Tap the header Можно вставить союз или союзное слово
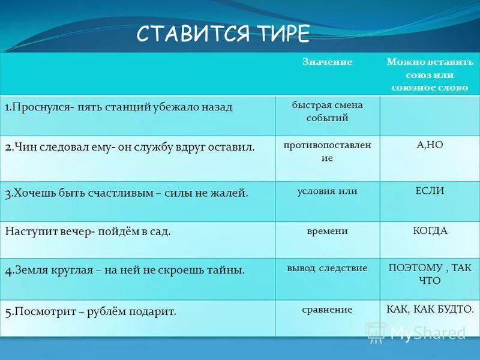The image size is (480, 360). [430, 74]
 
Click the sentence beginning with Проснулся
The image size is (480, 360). [118, 107]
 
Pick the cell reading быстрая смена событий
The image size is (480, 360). [328, 111]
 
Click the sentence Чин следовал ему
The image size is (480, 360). [130, 146]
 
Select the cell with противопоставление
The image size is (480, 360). [328, 151]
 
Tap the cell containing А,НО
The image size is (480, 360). [430, 145]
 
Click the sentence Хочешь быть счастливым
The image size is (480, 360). [127, 193]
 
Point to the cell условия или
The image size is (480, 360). [328, 191]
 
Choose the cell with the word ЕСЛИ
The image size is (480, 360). [430, 191]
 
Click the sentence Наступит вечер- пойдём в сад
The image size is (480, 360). [88, 231]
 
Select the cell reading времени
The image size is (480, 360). [328, 230]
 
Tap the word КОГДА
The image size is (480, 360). [430, 230]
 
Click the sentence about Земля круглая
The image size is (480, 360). [125, 270]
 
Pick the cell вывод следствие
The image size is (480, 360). [328, 268]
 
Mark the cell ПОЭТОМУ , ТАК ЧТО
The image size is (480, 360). [430, 274]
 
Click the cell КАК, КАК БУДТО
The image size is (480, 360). [430, 310]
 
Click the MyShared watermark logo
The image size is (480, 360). [416, 332]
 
